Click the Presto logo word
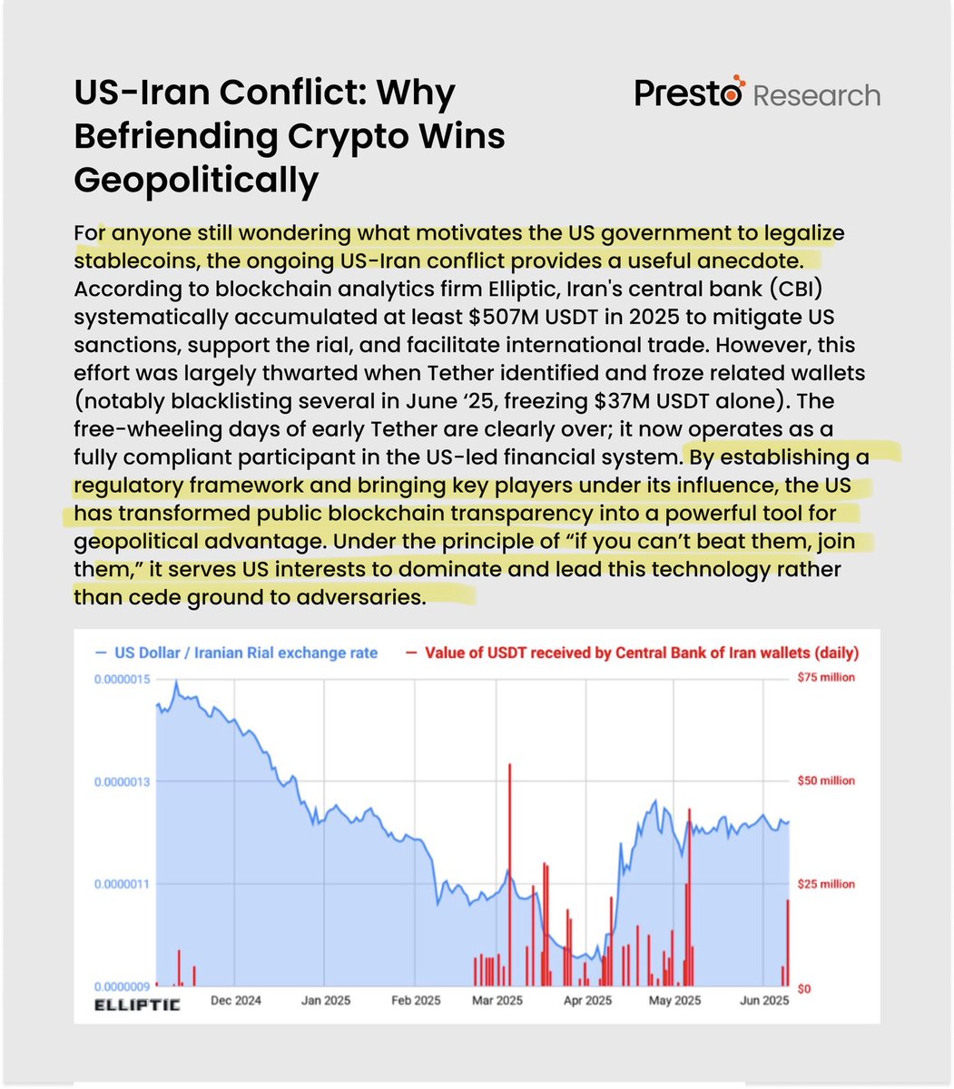click(689, 93)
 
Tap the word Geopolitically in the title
click(196, 180)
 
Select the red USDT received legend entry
click(641, 652)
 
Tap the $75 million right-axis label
click(825, 678)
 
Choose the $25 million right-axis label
click(825, 884)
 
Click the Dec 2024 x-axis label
click(235, 1000)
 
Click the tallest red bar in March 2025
click(510, 871)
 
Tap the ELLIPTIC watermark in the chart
click(138, 1005)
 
